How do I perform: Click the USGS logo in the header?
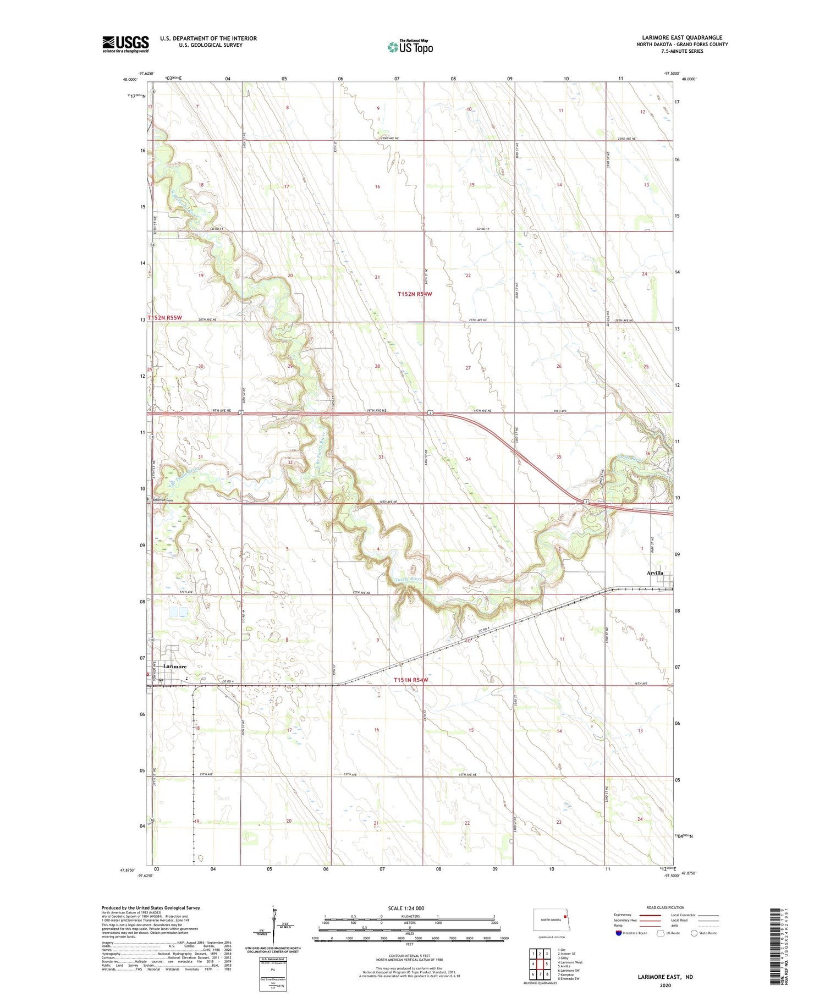point(125,44)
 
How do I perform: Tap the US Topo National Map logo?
point(410,47)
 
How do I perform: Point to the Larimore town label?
point(174,666)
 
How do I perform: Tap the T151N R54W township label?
point(410,680)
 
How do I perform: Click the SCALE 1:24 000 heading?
point(406,908)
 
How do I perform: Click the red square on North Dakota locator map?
point(565,916)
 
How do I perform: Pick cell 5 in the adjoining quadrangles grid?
point(547,963)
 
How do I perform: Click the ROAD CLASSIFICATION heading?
point(665,907)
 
